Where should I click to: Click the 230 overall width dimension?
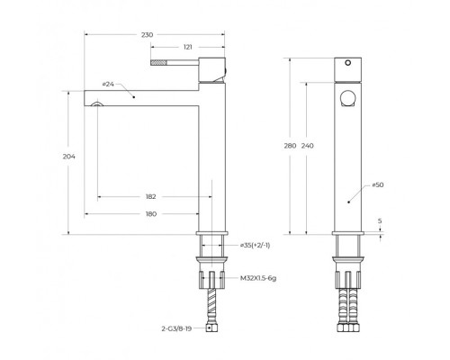click(x=147, y=35)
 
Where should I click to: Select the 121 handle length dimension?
click(x=187, y=47)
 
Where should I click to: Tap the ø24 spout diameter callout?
click(x=108, y=85)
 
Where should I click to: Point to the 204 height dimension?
click(x=68, y=157)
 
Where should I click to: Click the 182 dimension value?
click(x=151, y=197)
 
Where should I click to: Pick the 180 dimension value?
click(x=151, y=214)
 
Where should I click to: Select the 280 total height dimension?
click(x=290, y=146)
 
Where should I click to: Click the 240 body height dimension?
click(x=307, y=146)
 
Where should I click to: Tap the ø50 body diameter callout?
click(x=378, y=184)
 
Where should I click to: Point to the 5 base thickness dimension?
click(x=380, y=221)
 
